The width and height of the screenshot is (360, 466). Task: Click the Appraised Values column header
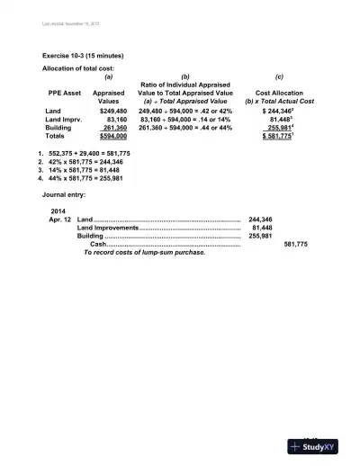[x=109, y=97]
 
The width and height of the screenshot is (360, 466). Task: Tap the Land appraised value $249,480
[x=109, y=111]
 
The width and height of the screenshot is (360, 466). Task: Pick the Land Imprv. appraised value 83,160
[x=112, y=119]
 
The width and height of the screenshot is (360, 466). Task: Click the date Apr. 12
[x=60, y=220]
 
